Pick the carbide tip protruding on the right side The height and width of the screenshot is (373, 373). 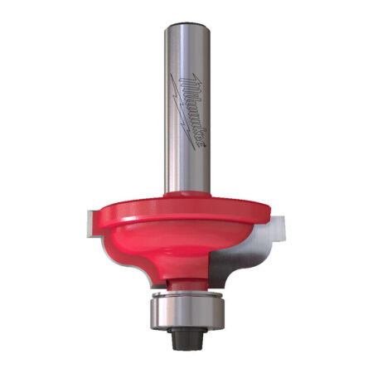click(x=281, y=221)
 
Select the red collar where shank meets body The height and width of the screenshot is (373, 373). click(x=186, y=196)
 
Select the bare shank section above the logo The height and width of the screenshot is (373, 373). click(x=186, y=50)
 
